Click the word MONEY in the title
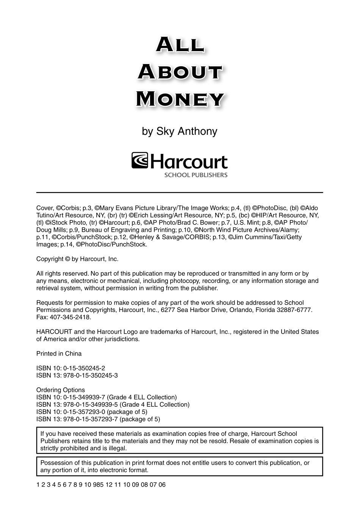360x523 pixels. [x=180, y=99]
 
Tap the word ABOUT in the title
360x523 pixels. [x=180, y=72]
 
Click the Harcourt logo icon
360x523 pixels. [x=140, y=161]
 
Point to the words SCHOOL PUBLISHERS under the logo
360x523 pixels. [x=196, y=175]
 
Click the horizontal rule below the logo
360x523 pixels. [x=180, y=192]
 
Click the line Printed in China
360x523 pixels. [x=59, y=353]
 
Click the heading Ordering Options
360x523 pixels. [x=61, y=390]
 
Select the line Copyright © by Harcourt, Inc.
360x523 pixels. [x=77, y=259]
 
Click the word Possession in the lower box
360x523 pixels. [x=55, y=463]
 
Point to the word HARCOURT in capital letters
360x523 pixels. [x=54, y=332]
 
